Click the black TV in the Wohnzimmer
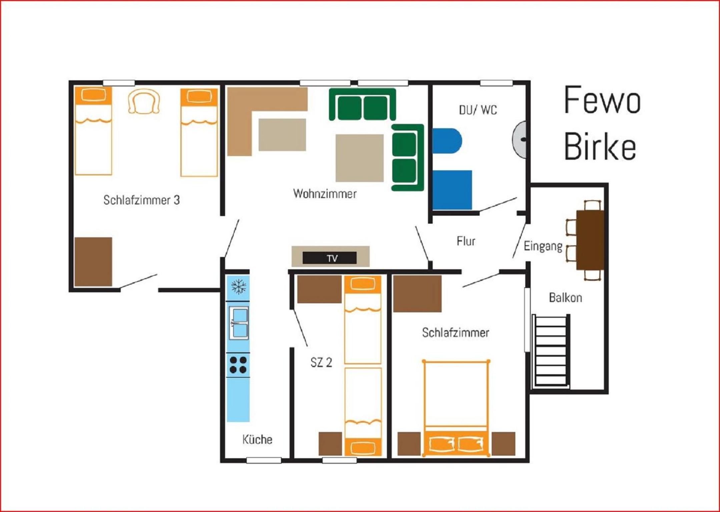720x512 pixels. [329, 258]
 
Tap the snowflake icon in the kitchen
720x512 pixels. [238, 286]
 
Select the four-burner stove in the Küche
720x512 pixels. [238, 365]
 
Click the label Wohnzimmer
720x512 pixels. [325, 194]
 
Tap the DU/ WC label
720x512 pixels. [478, 110]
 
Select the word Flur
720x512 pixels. [466, 241]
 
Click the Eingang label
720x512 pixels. [543, 246]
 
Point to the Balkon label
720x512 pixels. [566, 298]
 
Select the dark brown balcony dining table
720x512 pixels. [590, 240]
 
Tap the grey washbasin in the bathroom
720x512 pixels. [519, 139]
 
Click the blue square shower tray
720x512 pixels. [452, 190]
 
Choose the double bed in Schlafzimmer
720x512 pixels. [456, 408]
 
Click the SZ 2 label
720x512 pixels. [321, 362]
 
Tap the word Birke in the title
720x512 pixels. [600, 146]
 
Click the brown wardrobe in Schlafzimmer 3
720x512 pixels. [93, 262]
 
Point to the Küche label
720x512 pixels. [257, 439]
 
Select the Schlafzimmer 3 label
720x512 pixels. [141, 200]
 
